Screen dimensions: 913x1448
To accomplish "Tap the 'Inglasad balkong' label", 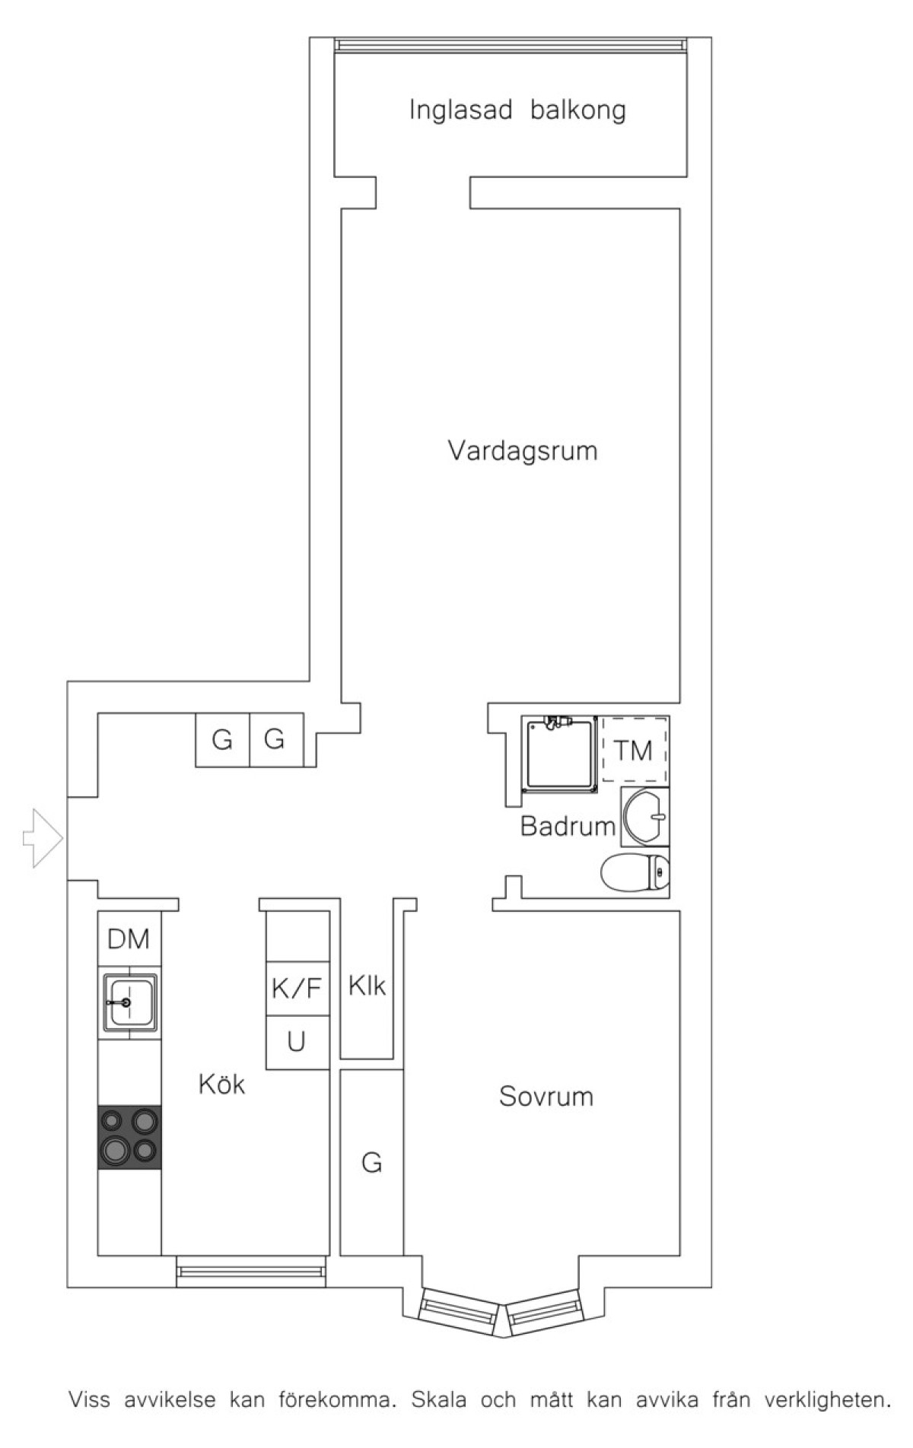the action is point(517,110).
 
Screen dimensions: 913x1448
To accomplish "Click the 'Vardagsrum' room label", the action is point(523,451).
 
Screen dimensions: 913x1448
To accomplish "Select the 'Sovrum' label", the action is point(546,1096).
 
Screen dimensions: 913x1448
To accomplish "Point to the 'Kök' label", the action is point(221,1083).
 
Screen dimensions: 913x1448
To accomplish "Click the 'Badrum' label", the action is point(568,826).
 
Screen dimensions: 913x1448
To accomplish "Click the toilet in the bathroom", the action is point(635,872).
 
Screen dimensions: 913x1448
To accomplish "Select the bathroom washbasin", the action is point(645,817).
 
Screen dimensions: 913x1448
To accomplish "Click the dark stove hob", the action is point(129,1137).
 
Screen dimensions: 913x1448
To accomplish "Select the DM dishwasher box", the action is point(129,938).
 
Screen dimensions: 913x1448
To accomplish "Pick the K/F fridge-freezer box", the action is point(297,988).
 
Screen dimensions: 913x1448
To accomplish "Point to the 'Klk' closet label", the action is point(367,986).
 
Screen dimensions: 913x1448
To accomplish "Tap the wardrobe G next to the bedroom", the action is point(371,1162).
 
